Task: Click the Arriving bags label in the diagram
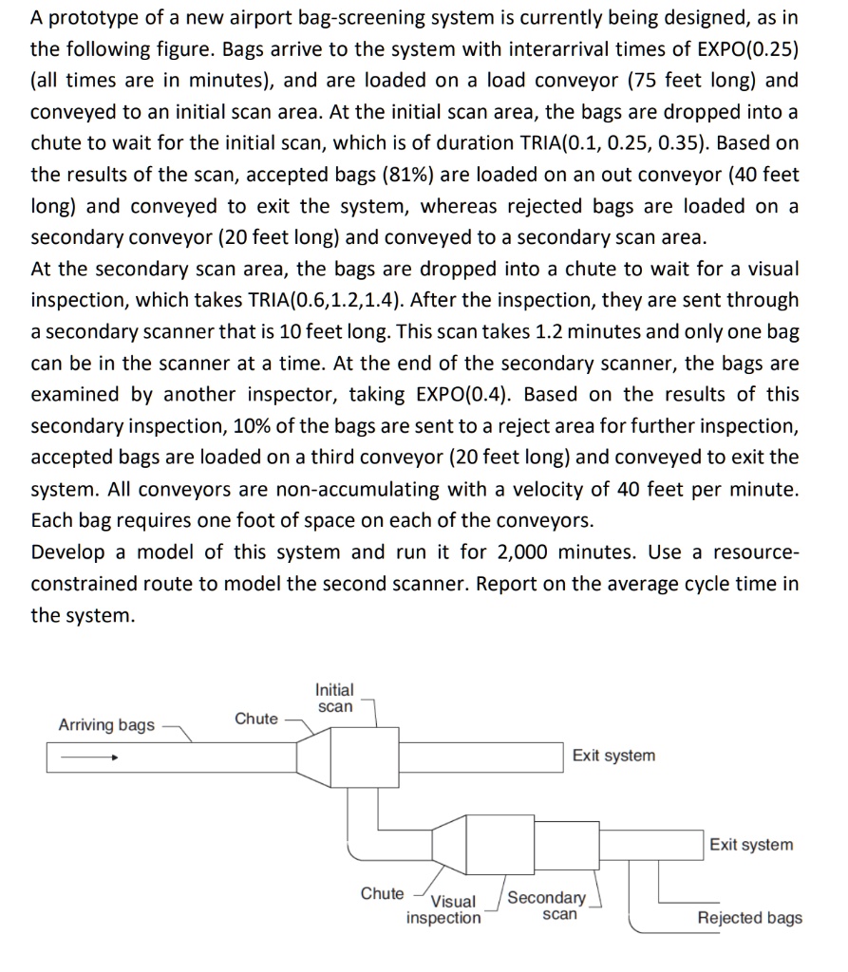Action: click(106, 725)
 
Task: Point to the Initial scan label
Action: click(334, 698)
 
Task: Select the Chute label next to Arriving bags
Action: click(256, 719)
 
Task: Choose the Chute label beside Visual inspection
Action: click(382, 893)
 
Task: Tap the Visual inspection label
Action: click(444, 909)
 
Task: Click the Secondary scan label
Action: click(548, 906)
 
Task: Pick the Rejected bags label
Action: click(749, 918)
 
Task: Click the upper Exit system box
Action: click(613, 756)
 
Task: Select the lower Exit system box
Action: click(750, 845)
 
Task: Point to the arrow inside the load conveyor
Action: click(86, 758)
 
